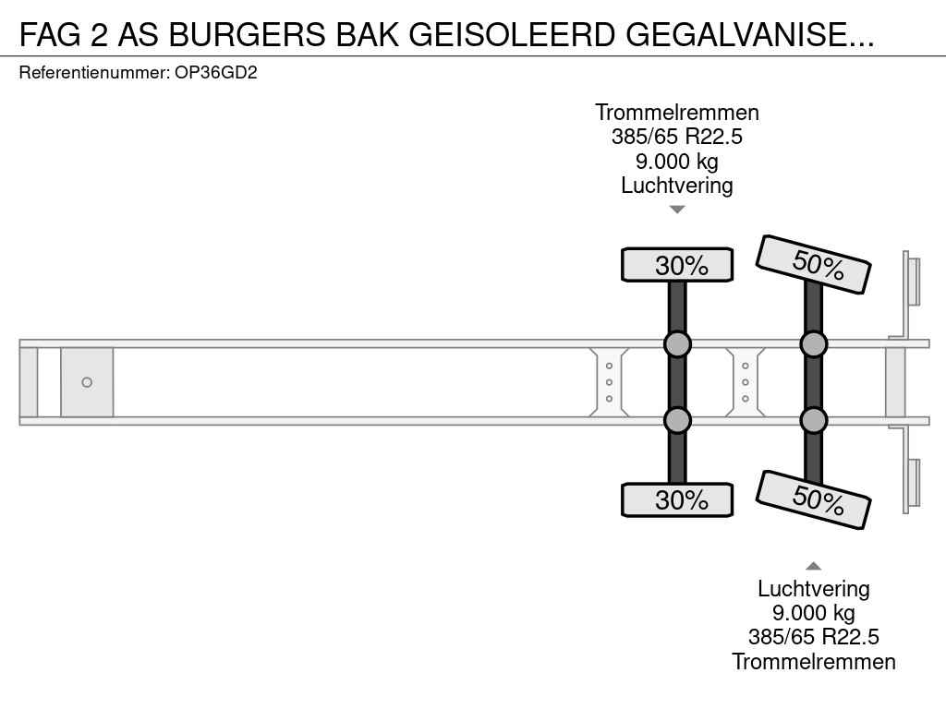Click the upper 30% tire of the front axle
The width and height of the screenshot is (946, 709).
[677, 265]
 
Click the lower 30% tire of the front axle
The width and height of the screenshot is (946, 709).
[677, 499]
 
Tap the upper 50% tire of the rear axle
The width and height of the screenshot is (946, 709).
[813, 264]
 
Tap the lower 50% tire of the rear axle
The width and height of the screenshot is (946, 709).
[813, 499]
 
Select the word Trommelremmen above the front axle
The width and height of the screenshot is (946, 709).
[677, 113]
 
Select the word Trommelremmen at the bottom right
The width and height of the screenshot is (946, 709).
[813, 661]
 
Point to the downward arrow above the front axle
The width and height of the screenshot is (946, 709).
[677, 210]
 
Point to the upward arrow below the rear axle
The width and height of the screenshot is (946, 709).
[813, 566]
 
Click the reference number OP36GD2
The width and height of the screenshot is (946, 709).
[215, 72]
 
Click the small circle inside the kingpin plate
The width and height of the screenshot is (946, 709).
[87, 382]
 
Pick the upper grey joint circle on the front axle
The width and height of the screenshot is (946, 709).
[677, 344]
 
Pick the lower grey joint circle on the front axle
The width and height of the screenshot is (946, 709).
[677, 420]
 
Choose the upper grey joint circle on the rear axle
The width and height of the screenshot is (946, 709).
[813, 344]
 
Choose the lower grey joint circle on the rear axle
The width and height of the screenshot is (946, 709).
[813, 420]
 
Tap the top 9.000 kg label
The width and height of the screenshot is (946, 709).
[677, 162]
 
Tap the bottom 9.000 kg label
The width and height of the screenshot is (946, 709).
[813, 613]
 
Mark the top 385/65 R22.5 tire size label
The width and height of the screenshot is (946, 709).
[677, 138]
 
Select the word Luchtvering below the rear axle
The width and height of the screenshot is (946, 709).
[813, 589]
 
